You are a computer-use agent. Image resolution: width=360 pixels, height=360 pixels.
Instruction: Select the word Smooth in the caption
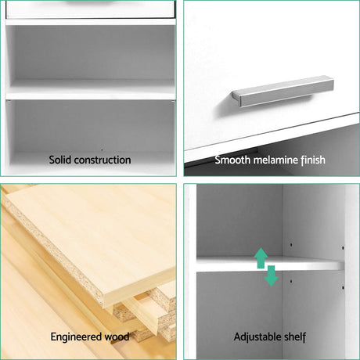(x=232, y=160)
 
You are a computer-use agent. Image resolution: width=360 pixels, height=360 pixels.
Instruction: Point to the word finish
(x=313, y=160)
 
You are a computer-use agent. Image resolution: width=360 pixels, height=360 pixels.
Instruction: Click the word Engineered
(x=76, y=337)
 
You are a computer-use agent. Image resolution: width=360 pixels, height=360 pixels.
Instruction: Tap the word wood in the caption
(x=117, y=337)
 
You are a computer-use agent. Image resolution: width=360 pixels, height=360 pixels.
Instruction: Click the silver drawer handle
(x=283, y=92)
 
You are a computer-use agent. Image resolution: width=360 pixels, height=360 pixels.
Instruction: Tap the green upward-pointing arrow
(x=261, y=258)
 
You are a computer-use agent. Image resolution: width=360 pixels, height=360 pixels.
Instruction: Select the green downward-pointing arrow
(x=272, y=275)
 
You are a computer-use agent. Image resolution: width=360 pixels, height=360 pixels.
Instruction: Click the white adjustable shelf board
(x=270, y=264)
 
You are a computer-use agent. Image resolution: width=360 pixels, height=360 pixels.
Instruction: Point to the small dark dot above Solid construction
(x=102, y=150)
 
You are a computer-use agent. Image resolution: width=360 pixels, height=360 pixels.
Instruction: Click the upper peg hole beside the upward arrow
(x=291, y=245)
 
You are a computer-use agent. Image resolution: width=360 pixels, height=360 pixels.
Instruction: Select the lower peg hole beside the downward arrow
(x=291, y=282)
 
